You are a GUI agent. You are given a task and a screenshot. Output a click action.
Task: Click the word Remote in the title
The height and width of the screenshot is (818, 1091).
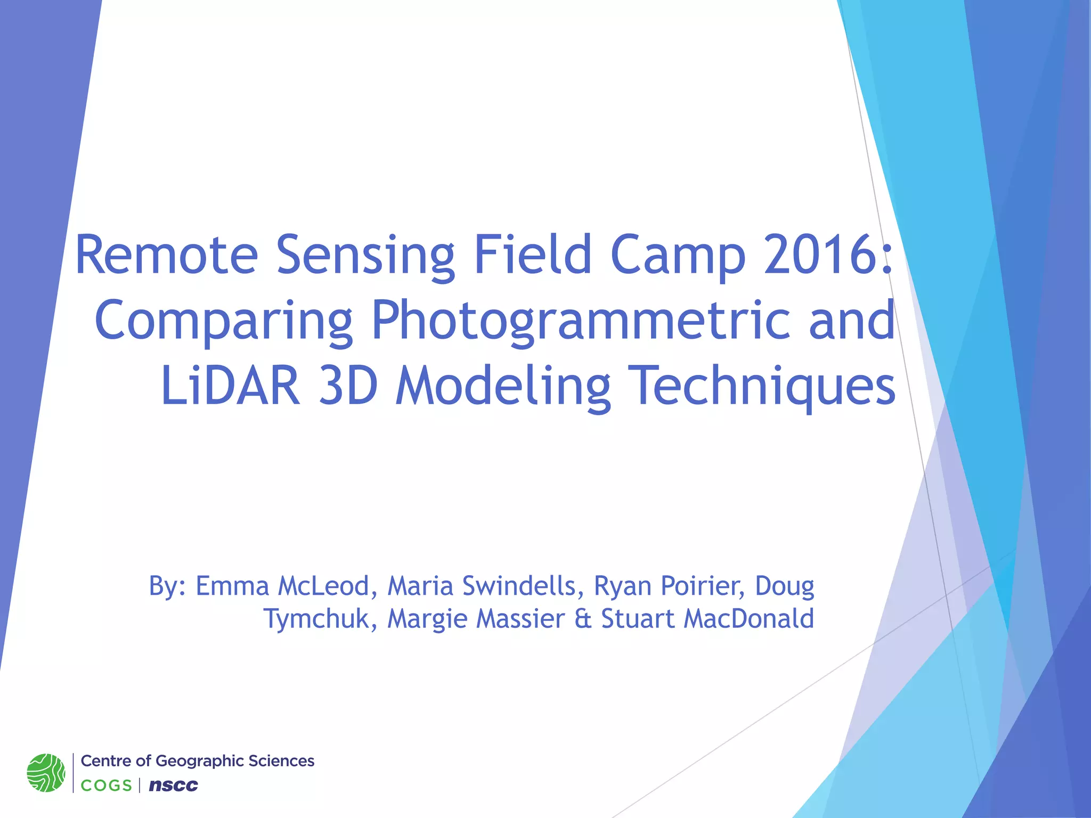point(167,255)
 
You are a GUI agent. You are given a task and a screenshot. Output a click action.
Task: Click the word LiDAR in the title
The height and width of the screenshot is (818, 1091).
point(230,386)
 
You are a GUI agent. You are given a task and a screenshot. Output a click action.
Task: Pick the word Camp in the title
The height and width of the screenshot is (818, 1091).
point(678,255)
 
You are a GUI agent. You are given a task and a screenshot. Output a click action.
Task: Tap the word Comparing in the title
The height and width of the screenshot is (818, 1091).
point(224,321)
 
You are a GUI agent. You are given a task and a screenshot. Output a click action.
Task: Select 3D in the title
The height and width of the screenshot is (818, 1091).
point(348,386)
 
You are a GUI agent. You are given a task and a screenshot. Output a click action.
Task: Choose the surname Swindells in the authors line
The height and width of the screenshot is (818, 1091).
point(519,586)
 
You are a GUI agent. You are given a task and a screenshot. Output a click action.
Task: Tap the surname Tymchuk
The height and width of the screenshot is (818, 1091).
point(320,619)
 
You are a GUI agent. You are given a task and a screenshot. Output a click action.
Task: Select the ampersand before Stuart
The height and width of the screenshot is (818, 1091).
point(583,619)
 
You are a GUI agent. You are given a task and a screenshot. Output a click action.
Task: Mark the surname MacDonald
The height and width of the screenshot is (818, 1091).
point(748,619)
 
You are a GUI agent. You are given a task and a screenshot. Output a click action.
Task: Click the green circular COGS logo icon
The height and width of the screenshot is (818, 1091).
point(46,772)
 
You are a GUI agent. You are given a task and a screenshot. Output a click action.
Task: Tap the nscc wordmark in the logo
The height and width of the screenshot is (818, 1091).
point(173,785)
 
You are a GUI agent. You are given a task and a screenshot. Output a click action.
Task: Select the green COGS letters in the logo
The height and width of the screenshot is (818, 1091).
point(106,786)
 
